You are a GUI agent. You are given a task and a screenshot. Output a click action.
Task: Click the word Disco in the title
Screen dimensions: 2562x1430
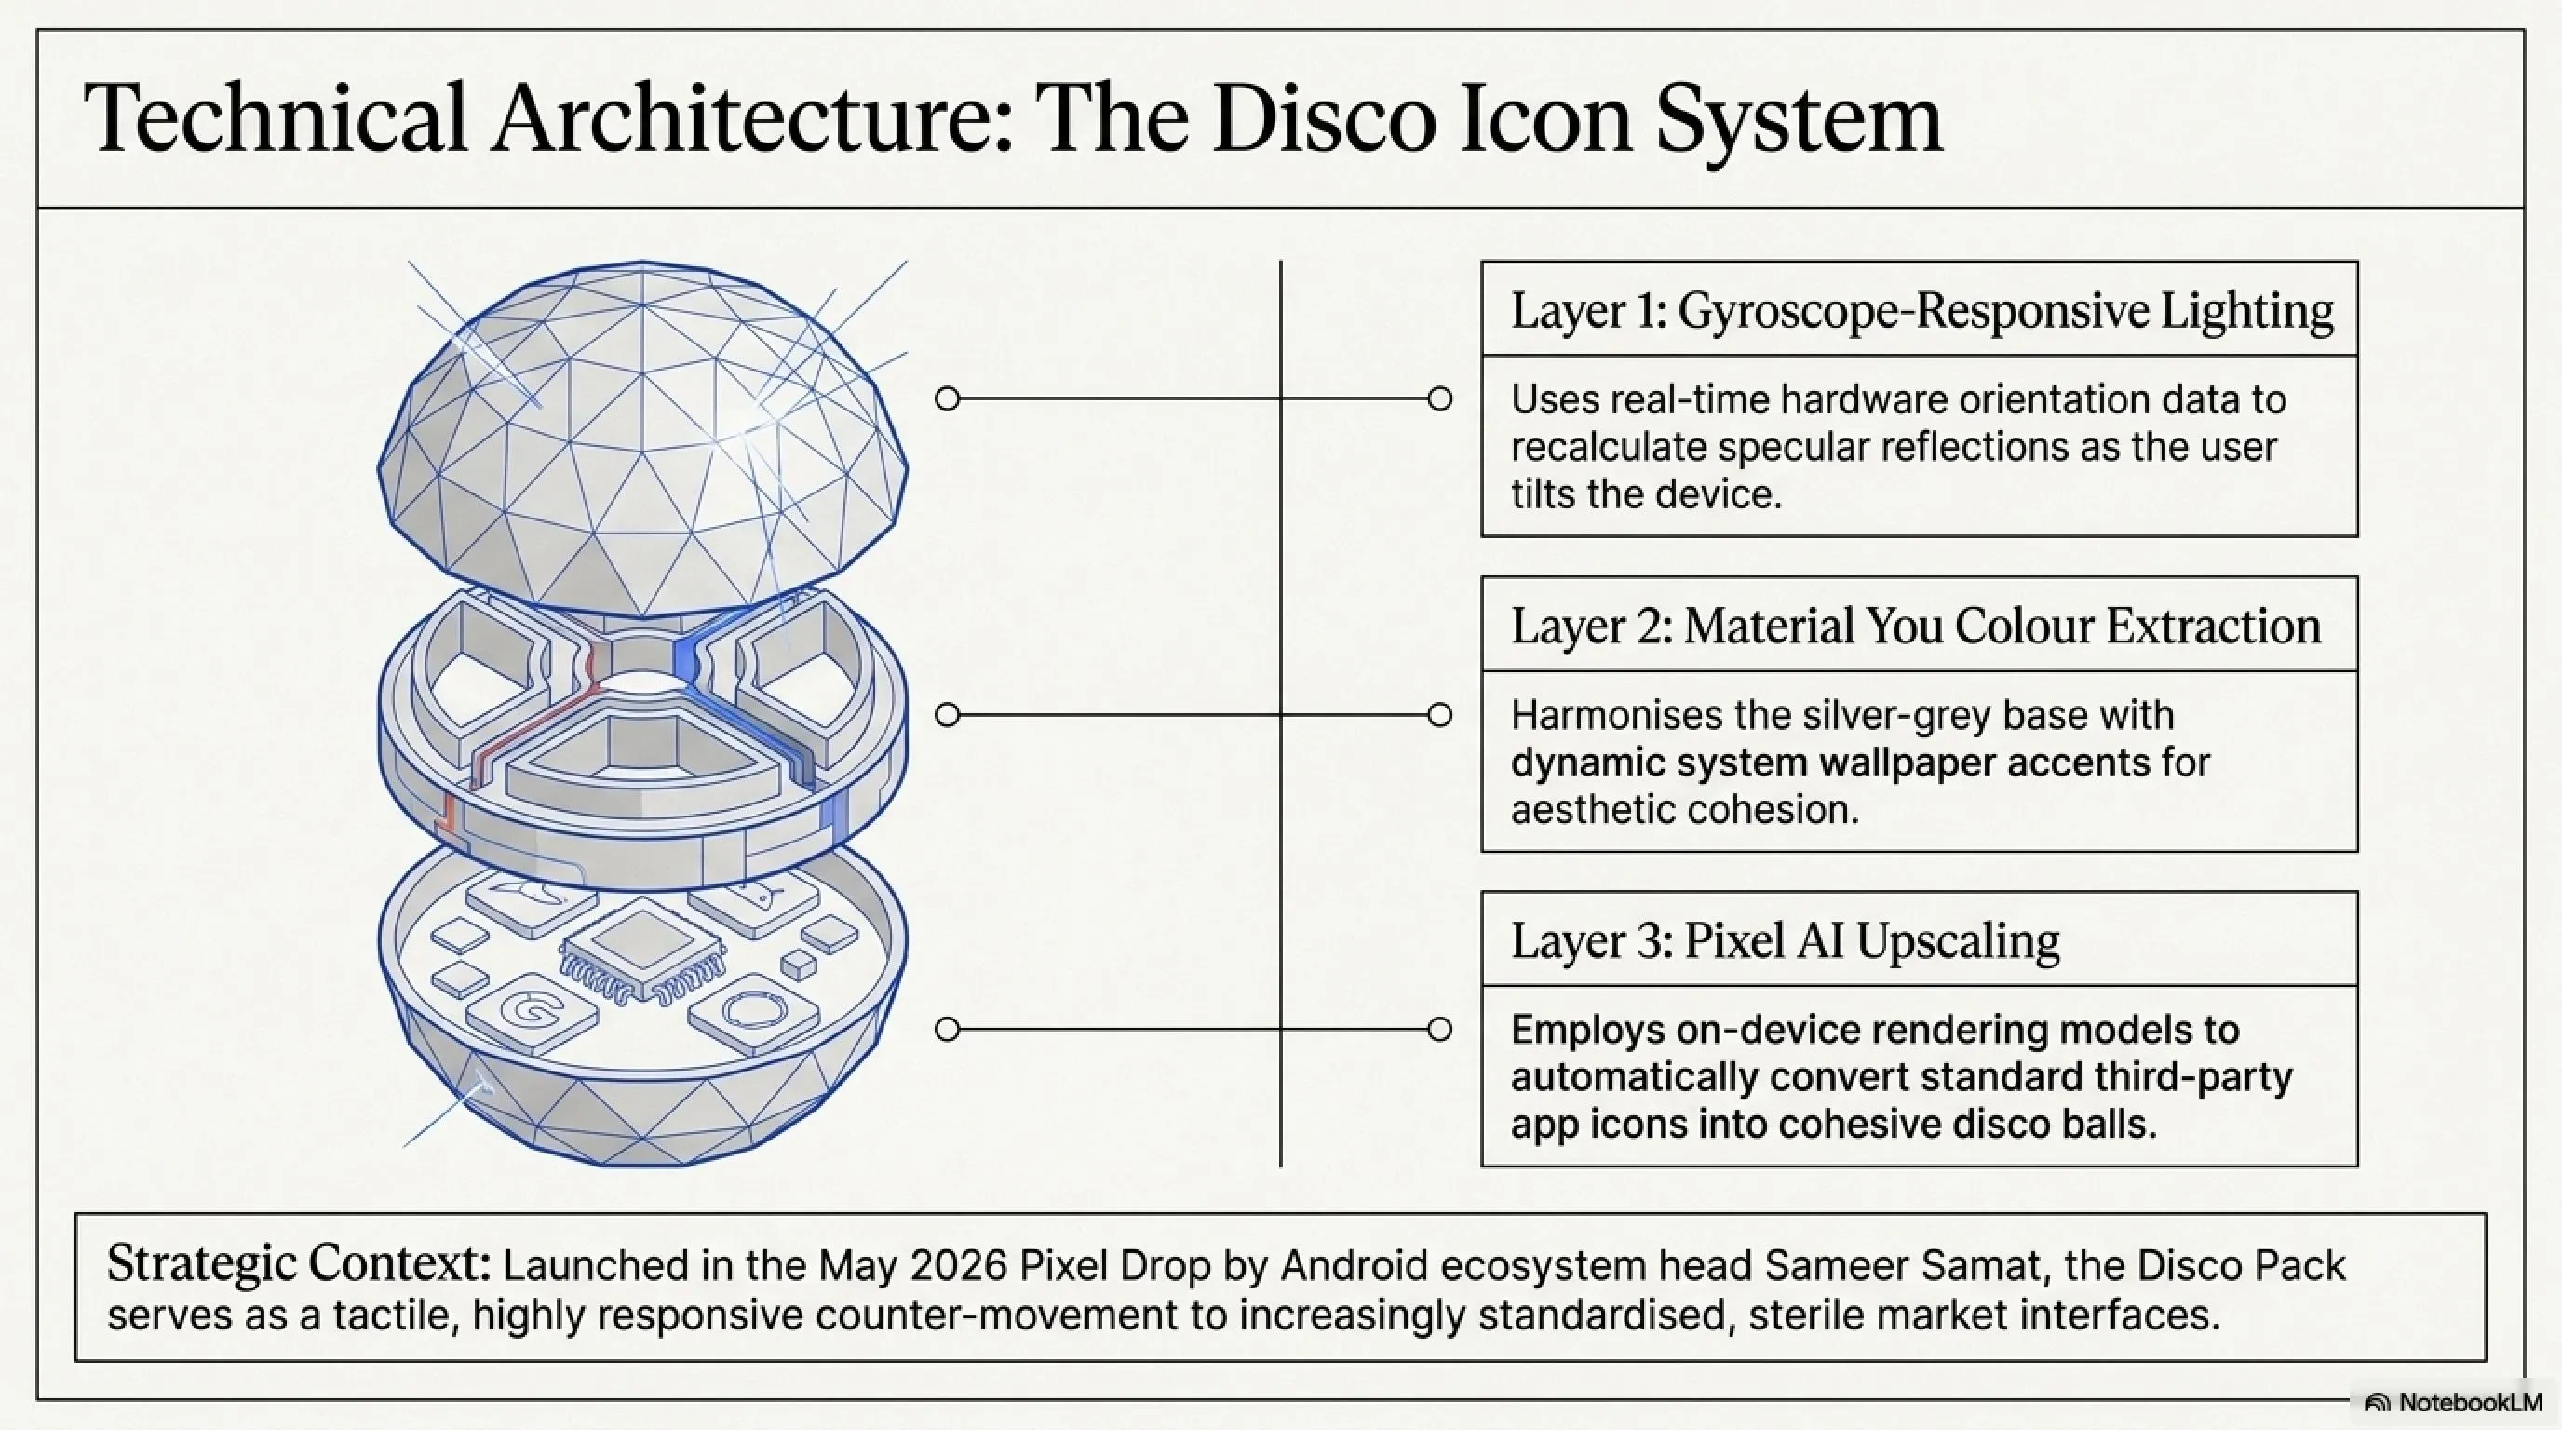1324,118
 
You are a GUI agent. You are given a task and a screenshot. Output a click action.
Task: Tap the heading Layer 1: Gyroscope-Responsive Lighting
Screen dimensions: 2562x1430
1921,310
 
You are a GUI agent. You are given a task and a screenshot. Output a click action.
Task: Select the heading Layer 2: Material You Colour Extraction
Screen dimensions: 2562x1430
1916,626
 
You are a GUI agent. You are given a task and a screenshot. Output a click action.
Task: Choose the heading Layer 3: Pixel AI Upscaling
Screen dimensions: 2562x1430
1786,940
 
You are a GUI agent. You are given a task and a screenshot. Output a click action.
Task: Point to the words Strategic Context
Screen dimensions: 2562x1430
298,1264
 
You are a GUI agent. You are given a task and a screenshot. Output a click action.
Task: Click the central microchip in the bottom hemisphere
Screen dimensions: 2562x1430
641,949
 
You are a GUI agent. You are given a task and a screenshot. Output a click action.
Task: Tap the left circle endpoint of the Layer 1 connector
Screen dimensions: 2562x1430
948,398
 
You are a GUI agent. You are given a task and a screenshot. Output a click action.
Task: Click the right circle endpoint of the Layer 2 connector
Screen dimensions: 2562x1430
1439,715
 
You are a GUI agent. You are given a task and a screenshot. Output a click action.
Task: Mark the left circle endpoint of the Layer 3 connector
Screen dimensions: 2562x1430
948,1030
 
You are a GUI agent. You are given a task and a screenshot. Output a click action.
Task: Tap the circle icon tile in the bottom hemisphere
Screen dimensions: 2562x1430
754,1012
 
